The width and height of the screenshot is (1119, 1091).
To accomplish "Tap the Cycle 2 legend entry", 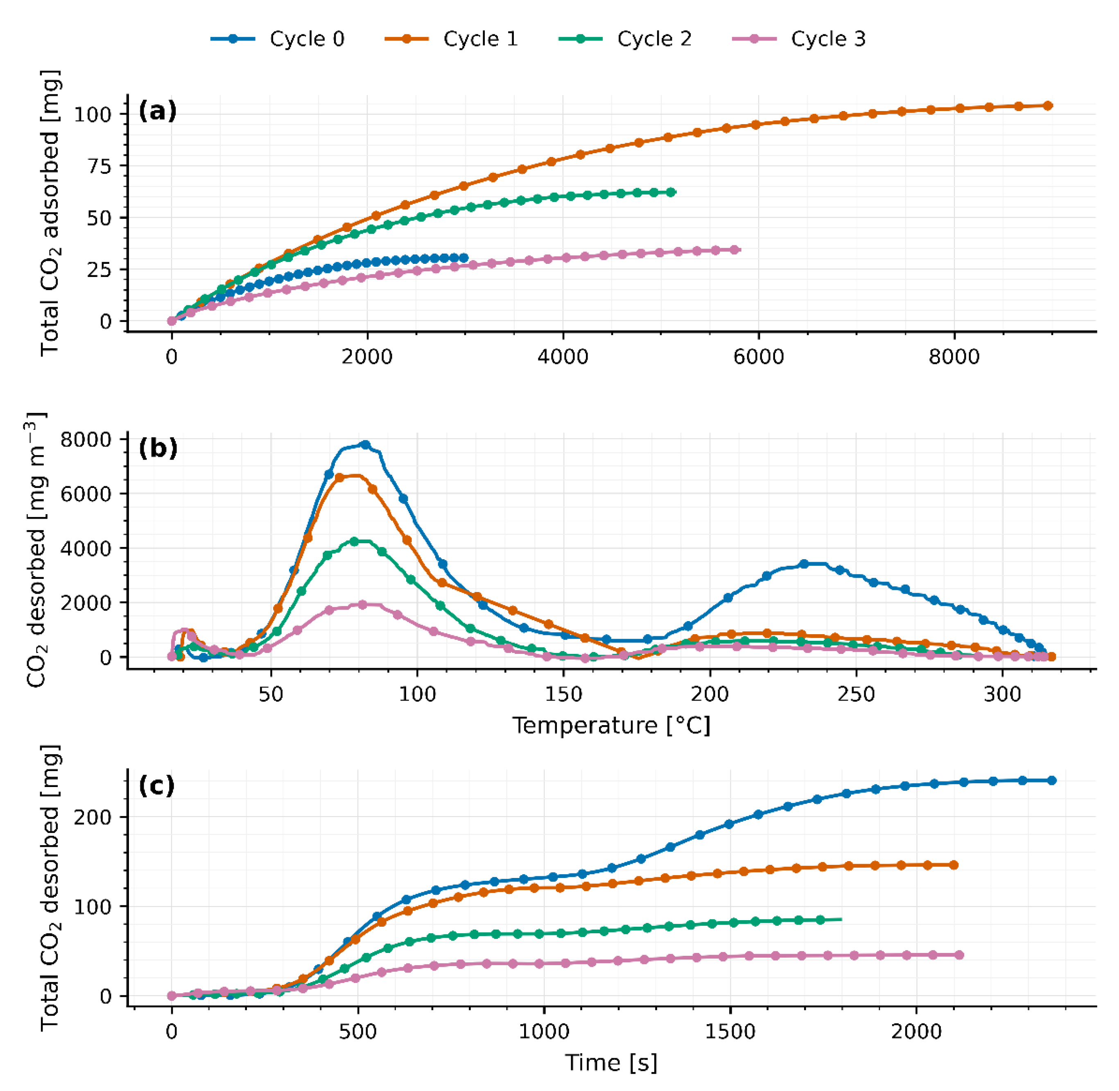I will [x=625, y=39].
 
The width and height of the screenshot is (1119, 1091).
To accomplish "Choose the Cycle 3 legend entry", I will [x=800, y=39].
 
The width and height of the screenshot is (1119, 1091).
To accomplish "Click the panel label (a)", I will [x=158, y=111].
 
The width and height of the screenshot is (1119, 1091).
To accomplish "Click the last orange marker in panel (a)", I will [x=1047, y=105].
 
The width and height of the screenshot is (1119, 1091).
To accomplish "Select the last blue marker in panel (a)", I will [x=463, y=258].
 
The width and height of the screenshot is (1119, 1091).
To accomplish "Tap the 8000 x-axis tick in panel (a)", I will [x=954, y=357].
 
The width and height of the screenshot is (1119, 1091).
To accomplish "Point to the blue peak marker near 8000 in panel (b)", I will [x=365, y=445].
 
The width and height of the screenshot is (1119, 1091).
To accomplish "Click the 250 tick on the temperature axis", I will [x=856, y=694].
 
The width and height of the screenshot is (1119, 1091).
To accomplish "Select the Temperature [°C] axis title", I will [x=611, y=726].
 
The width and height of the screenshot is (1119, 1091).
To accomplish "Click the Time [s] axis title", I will [x=611, y=1062].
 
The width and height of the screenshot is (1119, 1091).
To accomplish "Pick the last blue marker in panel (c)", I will [x=1051, y=780].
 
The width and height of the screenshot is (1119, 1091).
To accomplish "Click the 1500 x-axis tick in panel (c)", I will [x=730, y=1032].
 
